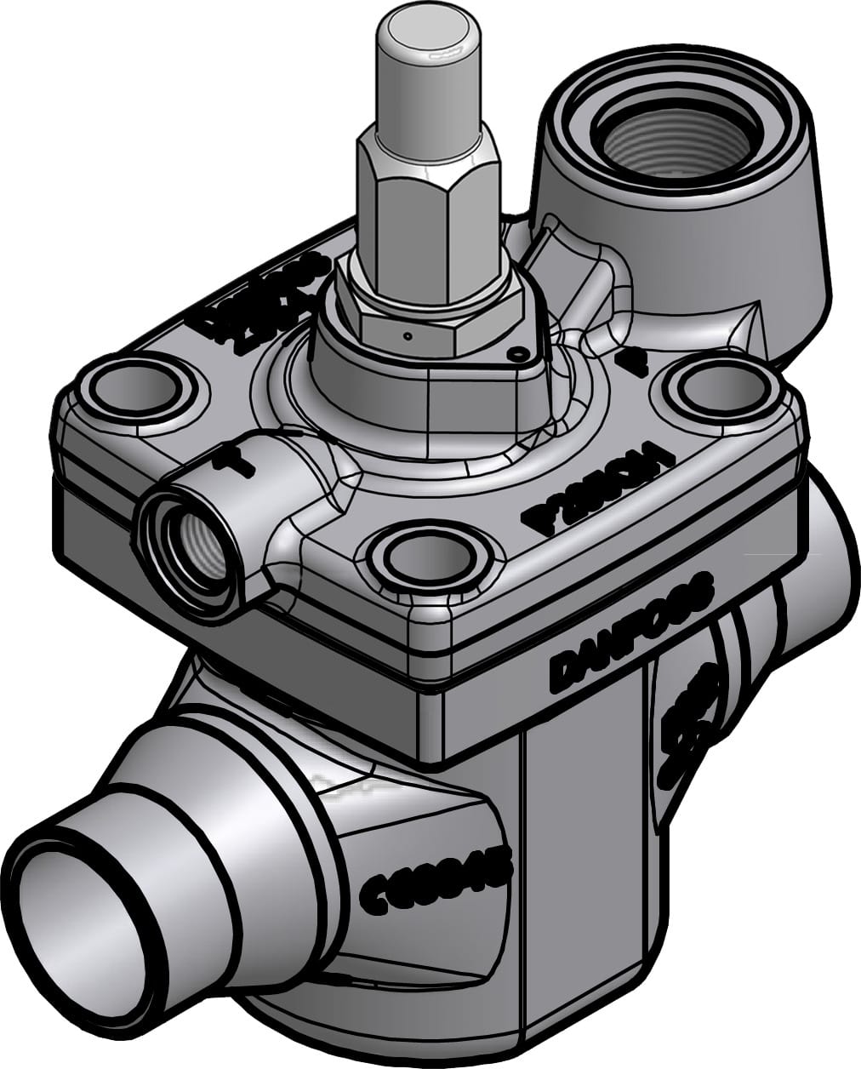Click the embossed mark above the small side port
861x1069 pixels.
pos(223,460)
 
